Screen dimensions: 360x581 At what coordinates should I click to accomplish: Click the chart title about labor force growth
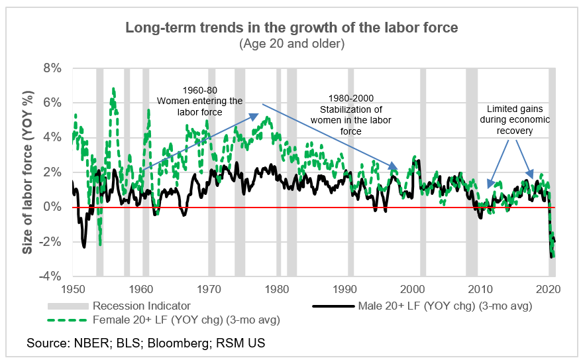291,29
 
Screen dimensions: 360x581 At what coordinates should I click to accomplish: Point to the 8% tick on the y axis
52,68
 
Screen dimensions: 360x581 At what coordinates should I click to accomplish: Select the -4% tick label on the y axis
52,276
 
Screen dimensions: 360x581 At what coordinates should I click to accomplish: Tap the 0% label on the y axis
52,207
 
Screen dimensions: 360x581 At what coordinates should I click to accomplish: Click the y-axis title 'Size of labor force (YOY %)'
28,172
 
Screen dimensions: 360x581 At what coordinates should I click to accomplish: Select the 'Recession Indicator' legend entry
141,306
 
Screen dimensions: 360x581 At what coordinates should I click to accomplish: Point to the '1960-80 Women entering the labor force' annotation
199,101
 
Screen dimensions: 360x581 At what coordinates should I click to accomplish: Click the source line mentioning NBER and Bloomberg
146,345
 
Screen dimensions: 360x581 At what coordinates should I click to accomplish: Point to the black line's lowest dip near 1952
84,247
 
